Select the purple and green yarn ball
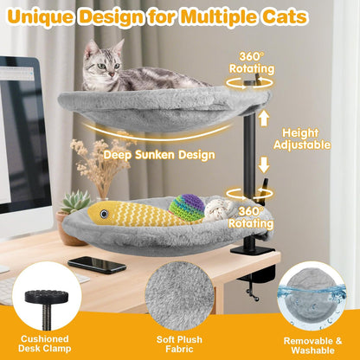188,206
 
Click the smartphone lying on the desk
96,264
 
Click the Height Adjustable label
302,138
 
